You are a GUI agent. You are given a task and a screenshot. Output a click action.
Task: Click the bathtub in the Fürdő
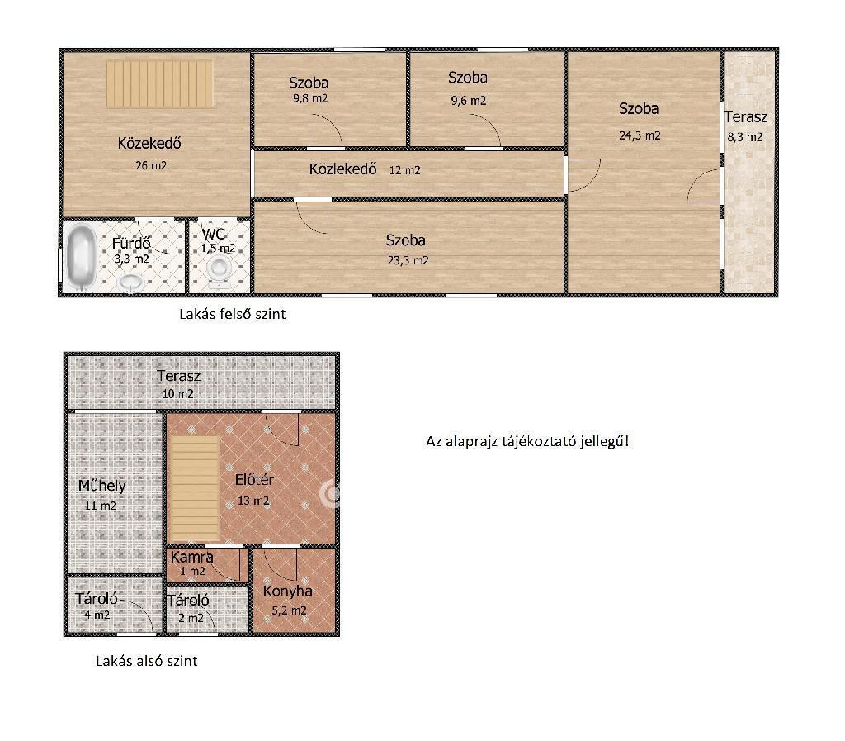(x=82, y=258)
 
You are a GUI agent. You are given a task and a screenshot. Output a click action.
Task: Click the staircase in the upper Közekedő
(x=159, y=83)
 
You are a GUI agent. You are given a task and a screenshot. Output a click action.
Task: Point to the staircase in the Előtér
(x=195, y=489)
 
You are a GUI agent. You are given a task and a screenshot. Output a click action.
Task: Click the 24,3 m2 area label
(x=640, y=135)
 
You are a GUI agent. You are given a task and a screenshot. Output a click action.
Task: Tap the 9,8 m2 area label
(x=310, y=98)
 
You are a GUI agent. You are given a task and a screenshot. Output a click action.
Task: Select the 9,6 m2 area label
(x=469, y=101)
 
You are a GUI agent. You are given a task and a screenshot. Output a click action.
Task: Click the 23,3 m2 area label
(x=408, y=260)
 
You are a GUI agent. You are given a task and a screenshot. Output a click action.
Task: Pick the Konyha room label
(x=288, y=591)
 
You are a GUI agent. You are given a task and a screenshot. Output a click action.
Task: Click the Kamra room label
(x=191, y=557)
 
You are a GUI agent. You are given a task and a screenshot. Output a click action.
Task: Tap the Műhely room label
(x=101, y=486)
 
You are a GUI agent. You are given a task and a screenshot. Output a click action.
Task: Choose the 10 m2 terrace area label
(x=178, y=394)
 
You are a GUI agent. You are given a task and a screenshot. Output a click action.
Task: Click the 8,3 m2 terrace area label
(x=745, y=137)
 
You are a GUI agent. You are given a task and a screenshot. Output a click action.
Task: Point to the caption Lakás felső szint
(x=232, y=314)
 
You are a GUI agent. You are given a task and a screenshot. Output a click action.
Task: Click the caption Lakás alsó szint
(x=147, y=661)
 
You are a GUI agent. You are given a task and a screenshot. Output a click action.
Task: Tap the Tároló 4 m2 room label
(x=97, y=606)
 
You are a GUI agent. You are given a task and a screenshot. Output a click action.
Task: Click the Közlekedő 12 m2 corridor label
(x=364, y=169)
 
